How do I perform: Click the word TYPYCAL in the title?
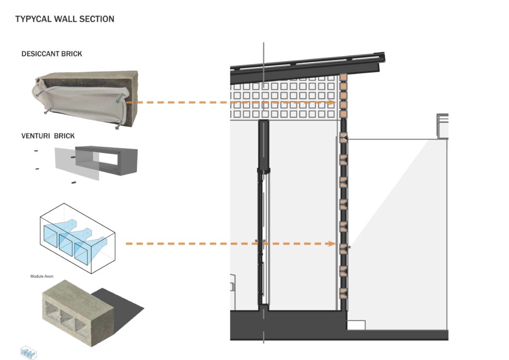pyautogui.click(x=33, y=19)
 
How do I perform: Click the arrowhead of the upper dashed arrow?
pyautogui.click(x=332, y=102)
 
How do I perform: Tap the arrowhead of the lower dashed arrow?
pyautogui.click(x=332, y=244)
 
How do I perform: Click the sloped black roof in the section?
pyautogui.click(x=308, y=65)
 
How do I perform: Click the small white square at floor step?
pyautogui.click(x=356, y=325)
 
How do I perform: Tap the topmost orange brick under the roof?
pyautogui.click(x=343, y=79)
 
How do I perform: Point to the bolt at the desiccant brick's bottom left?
pyautogui.click(x=45, y=112)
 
